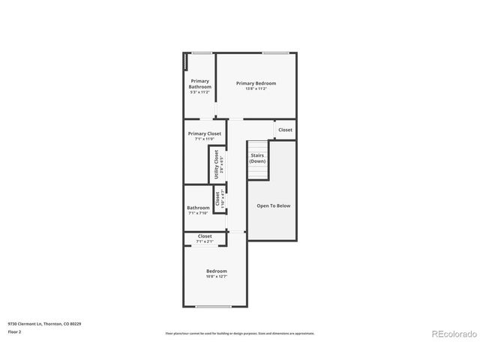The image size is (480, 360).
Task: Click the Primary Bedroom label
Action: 256,82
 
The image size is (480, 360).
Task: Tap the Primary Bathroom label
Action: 199,83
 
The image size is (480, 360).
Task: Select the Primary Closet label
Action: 205,133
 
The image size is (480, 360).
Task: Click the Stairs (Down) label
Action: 257,157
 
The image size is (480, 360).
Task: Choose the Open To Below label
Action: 273,205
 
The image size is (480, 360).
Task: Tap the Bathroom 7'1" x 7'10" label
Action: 198,208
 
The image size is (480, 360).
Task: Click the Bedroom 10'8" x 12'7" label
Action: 217,271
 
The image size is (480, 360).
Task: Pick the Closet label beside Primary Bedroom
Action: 286,130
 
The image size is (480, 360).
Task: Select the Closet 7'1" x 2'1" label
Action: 205,236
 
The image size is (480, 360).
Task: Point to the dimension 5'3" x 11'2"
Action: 199,92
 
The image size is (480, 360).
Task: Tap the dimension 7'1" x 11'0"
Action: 205,139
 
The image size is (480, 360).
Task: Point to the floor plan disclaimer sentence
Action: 239,333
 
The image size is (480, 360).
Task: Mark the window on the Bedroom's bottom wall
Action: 213,307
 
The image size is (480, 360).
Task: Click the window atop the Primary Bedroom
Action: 275,52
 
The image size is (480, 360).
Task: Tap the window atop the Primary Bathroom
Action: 200,52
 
